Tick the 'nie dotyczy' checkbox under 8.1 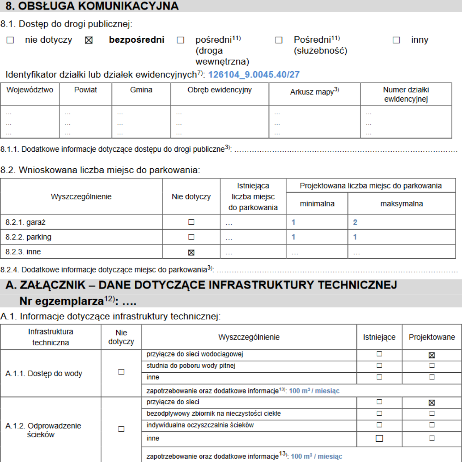coord(10,40)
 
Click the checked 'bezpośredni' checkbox coord(89,40)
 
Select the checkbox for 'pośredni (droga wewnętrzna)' coord(181,40)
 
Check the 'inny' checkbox coord(396,40)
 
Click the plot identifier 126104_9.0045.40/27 coord(254,75)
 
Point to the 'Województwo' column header coord(30,90)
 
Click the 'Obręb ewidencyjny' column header coord(219,90)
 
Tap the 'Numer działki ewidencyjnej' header coord(406,94)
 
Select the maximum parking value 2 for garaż coord(355,222)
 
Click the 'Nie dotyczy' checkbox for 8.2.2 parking coord(191,237)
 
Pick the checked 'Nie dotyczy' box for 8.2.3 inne coord(191,253)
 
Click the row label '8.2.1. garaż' coord(25,222)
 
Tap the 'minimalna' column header coord(317,204)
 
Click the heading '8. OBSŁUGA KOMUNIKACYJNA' coord(92,6)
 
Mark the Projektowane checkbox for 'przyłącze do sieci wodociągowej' coord(432,355)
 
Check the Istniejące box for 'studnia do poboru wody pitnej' coord(379,365)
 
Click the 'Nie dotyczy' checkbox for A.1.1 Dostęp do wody coord(121,372)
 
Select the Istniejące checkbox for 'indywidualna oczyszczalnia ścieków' coord(379,425)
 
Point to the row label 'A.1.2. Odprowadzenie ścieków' coord(43,430)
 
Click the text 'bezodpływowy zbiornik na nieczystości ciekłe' coord(214,413)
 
